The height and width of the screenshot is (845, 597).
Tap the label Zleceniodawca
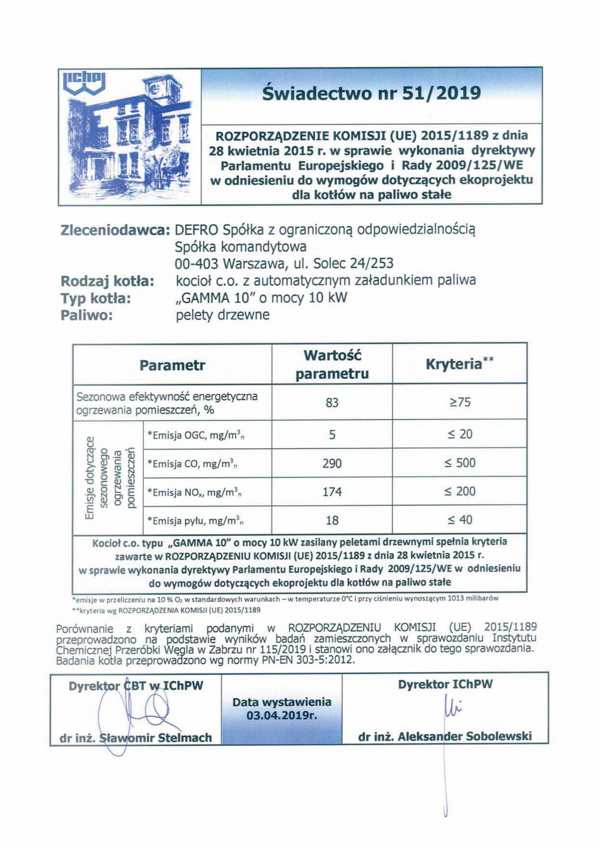115,230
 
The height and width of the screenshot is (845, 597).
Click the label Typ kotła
96,298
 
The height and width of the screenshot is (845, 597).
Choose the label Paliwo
87,315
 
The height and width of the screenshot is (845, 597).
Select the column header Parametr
172,365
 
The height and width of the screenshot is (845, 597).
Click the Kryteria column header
454,364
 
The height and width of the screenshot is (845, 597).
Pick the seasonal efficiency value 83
332,402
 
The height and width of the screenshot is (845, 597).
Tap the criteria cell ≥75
460,402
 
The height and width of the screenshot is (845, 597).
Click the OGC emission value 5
332,434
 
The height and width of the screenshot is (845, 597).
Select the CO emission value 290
332,463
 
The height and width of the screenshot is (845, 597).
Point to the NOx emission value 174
332,492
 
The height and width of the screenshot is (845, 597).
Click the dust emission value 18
332,520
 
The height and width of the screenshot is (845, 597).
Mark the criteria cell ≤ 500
460,463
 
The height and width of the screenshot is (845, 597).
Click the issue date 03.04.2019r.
282,715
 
